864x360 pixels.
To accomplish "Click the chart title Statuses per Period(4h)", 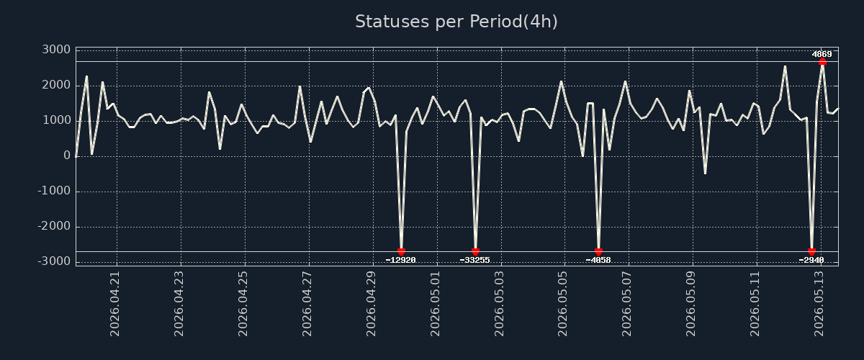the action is (456, 22).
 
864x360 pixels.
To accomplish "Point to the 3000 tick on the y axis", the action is (56, 50).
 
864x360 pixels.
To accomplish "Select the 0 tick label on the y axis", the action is (67, 156).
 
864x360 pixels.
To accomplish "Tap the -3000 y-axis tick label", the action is (55, 261).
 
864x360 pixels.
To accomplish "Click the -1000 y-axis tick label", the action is (55, 191).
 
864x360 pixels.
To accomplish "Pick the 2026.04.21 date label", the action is (114, 304).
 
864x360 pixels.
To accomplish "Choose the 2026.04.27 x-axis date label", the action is (307, 304).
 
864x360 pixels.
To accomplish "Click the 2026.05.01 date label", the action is (435, 304).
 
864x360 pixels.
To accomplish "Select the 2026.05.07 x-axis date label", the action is (627, 304).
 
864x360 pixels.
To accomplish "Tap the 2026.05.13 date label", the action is (819, 304).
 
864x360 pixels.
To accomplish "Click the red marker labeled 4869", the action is (822, 62).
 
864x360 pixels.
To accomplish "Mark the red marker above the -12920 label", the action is (401, 251).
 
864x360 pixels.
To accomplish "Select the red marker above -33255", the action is (475, 251).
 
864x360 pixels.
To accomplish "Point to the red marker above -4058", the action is (598, 251).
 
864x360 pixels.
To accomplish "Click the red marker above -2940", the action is (811, 251).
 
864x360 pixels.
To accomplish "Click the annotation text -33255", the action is (474, 260).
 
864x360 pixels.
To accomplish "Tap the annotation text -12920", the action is (401, 260).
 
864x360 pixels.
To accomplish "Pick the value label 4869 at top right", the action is (822, 54).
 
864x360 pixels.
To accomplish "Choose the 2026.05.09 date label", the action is (690, 304).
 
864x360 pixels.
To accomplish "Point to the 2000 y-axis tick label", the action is (56, 85).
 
